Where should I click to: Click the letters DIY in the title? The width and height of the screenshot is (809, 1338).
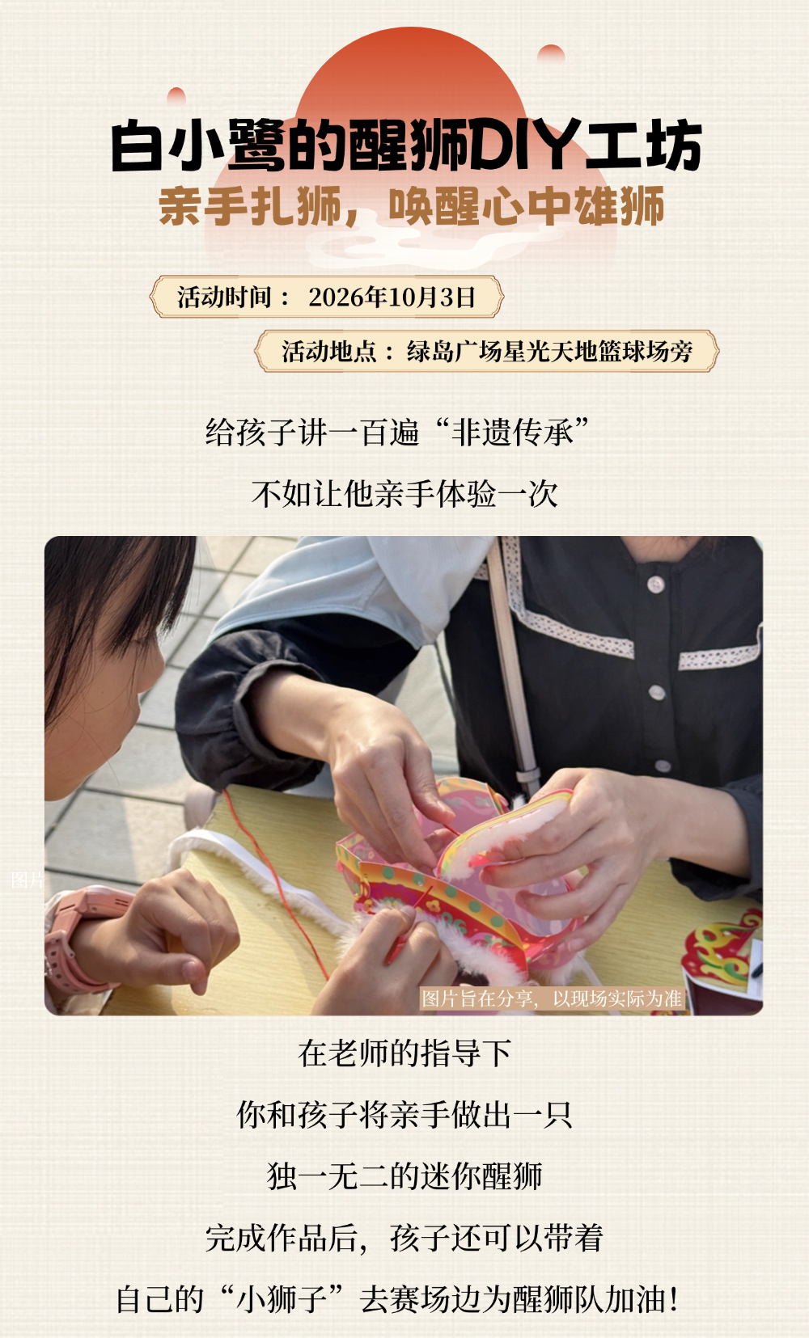pyautogui.click(x=526, y=146)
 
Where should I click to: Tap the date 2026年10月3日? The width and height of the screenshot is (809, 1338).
pyautogui.click(x=392, y=297)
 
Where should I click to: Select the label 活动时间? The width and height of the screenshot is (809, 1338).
pyautogui.click(x=224, y=297)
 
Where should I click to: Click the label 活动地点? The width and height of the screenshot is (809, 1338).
pyautogui.click(x=329, y=351)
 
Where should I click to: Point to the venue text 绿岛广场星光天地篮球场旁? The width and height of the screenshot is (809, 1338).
pyautogui.click(x=549, y=351)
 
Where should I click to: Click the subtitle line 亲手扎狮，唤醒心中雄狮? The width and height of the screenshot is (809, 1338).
pyautogui.click(x=411, y=206)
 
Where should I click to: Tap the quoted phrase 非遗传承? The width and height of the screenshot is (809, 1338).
pyautogui.click(x=512, y=432)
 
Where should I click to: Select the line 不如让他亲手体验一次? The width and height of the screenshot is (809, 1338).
pyautogui.click(x=404, y=494)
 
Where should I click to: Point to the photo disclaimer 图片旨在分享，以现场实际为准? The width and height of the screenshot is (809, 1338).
pyautogui.click(x=551, y=998)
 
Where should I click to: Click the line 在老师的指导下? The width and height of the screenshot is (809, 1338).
pyautogui.click(x=404, y=1053)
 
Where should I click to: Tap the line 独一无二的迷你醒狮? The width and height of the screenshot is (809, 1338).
pyautogui.click(x=404, y=1176)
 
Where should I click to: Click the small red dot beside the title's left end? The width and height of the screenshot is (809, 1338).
pyautogui.click(x=176, y=95)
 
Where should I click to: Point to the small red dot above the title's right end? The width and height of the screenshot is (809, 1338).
pyautogui.click(x=551, y=53)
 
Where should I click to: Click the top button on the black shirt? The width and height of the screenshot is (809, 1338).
pyautogui.click(x=656, y=584)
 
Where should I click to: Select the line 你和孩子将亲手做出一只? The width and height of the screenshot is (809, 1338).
pyautogui.click(x=404, y=1115)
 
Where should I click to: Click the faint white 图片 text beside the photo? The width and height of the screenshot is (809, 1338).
pyautogui.click(x=28, y=880)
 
